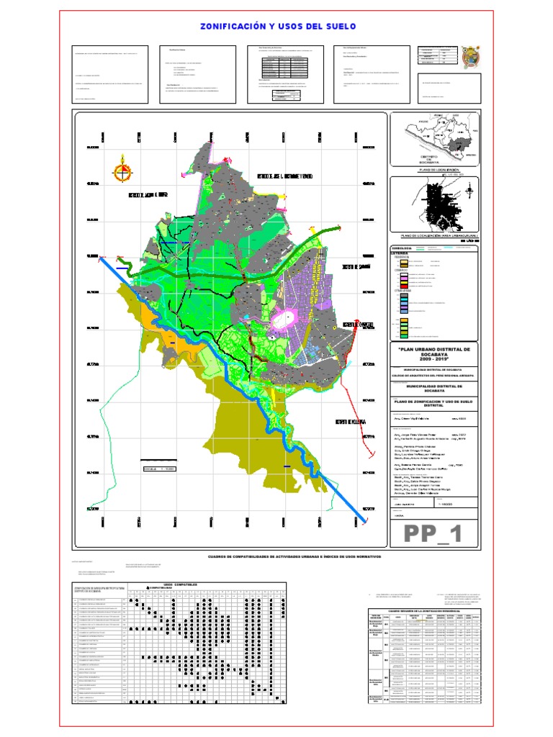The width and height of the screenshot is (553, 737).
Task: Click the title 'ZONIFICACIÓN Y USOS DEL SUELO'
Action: point(276,27)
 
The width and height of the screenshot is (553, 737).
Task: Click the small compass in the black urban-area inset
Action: point(469,192)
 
